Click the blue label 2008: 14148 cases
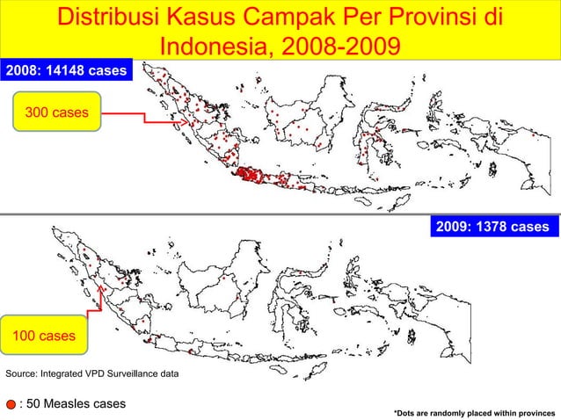coord(66,70)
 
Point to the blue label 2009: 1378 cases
coord(492,228)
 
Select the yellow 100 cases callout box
coord(44,336)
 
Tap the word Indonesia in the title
coord(220,45)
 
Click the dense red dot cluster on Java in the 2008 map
coord(249,176)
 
